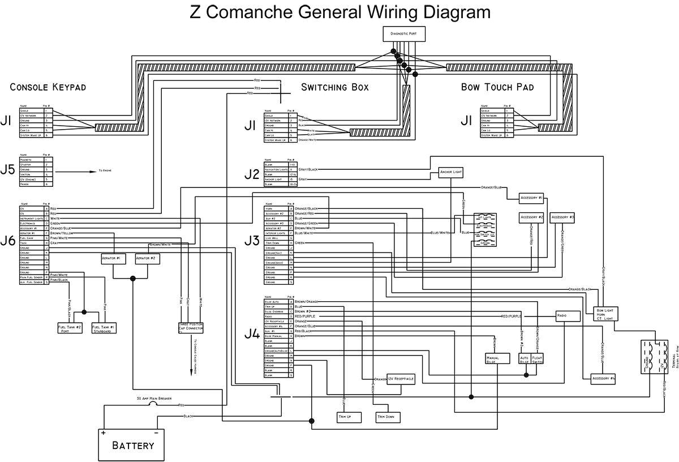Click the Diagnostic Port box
pos(403,35)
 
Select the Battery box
pos(132,444)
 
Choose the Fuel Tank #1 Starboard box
pos(104,328)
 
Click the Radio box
pos(568,316)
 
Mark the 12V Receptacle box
pos(401,378)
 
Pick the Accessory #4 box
pos(603,378)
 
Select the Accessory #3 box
pos(562,217)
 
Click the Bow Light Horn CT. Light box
pos(605,314)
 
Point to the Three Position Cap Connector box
pos(191,328)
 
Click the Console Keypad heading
pos(48,87)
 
